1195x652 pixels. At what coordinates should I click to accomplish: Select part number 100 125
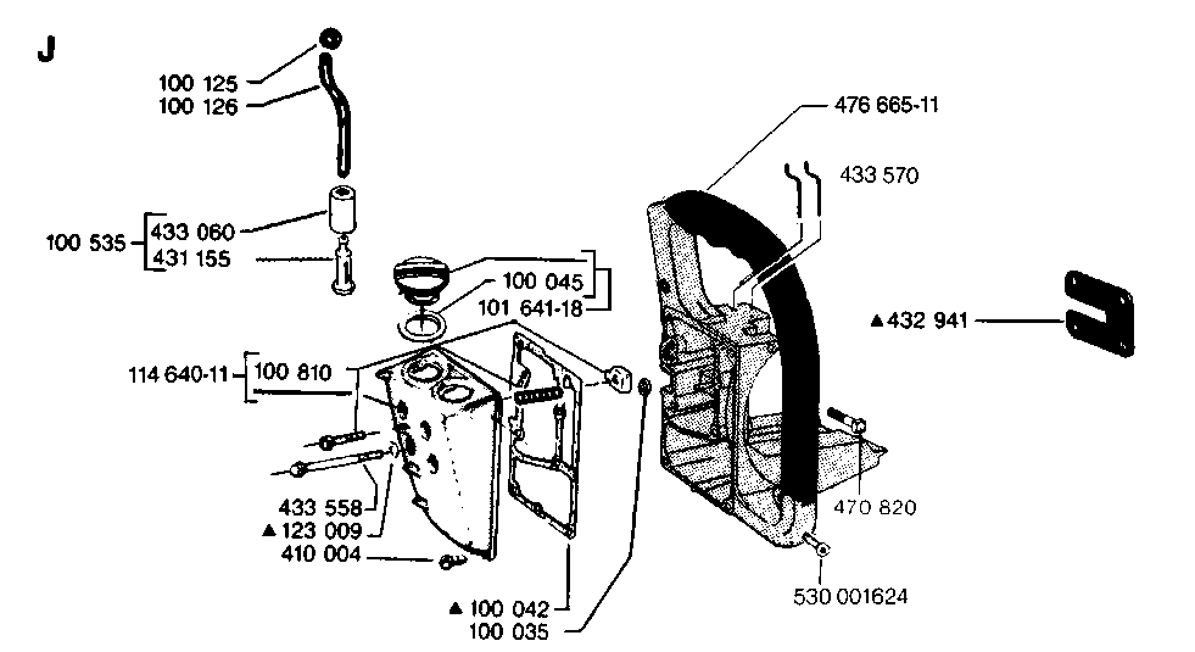pos(198,83)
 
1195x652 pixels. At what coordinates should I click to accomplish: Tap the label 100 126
pos(198,107)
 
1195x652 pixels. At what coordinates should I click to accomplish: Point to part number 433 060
pos(192,232)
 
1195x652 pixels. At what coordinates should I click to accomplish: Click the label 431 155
pos(191,258)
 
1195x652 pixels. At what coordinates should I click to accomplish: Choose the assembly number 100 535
pos(86,243)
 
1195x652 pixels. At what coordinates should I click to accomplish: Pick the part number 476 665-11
pos(887,105)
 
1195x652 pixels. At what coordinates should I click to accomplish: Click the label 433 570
pos(879,175)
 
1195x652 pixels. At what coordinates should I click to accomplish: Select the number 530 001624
pos(850,596)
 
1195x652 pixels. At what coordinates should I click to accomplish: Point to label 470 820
pos(875,507)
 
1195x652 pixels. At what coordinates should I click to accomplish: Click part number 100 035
pos(509,632)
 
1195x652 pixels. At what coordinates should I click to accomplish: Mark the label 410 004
pos(321,554)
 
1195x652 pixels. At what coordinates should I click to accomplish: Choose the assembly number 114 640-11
pos(178,374)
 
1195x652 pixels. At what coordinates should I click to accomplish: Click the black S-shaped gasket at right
pos(1099,314)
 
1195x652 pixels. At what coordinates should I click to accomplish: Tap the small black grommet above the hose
pos(330,39)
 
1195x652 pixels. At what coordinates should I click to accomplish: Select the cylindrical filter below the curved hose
pos(343,209)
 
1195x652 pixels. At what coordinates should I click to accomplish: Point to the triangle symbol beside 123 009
pos(269,531)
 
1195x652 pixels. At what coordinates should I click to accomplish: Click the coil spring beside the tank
pos(537,395)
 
